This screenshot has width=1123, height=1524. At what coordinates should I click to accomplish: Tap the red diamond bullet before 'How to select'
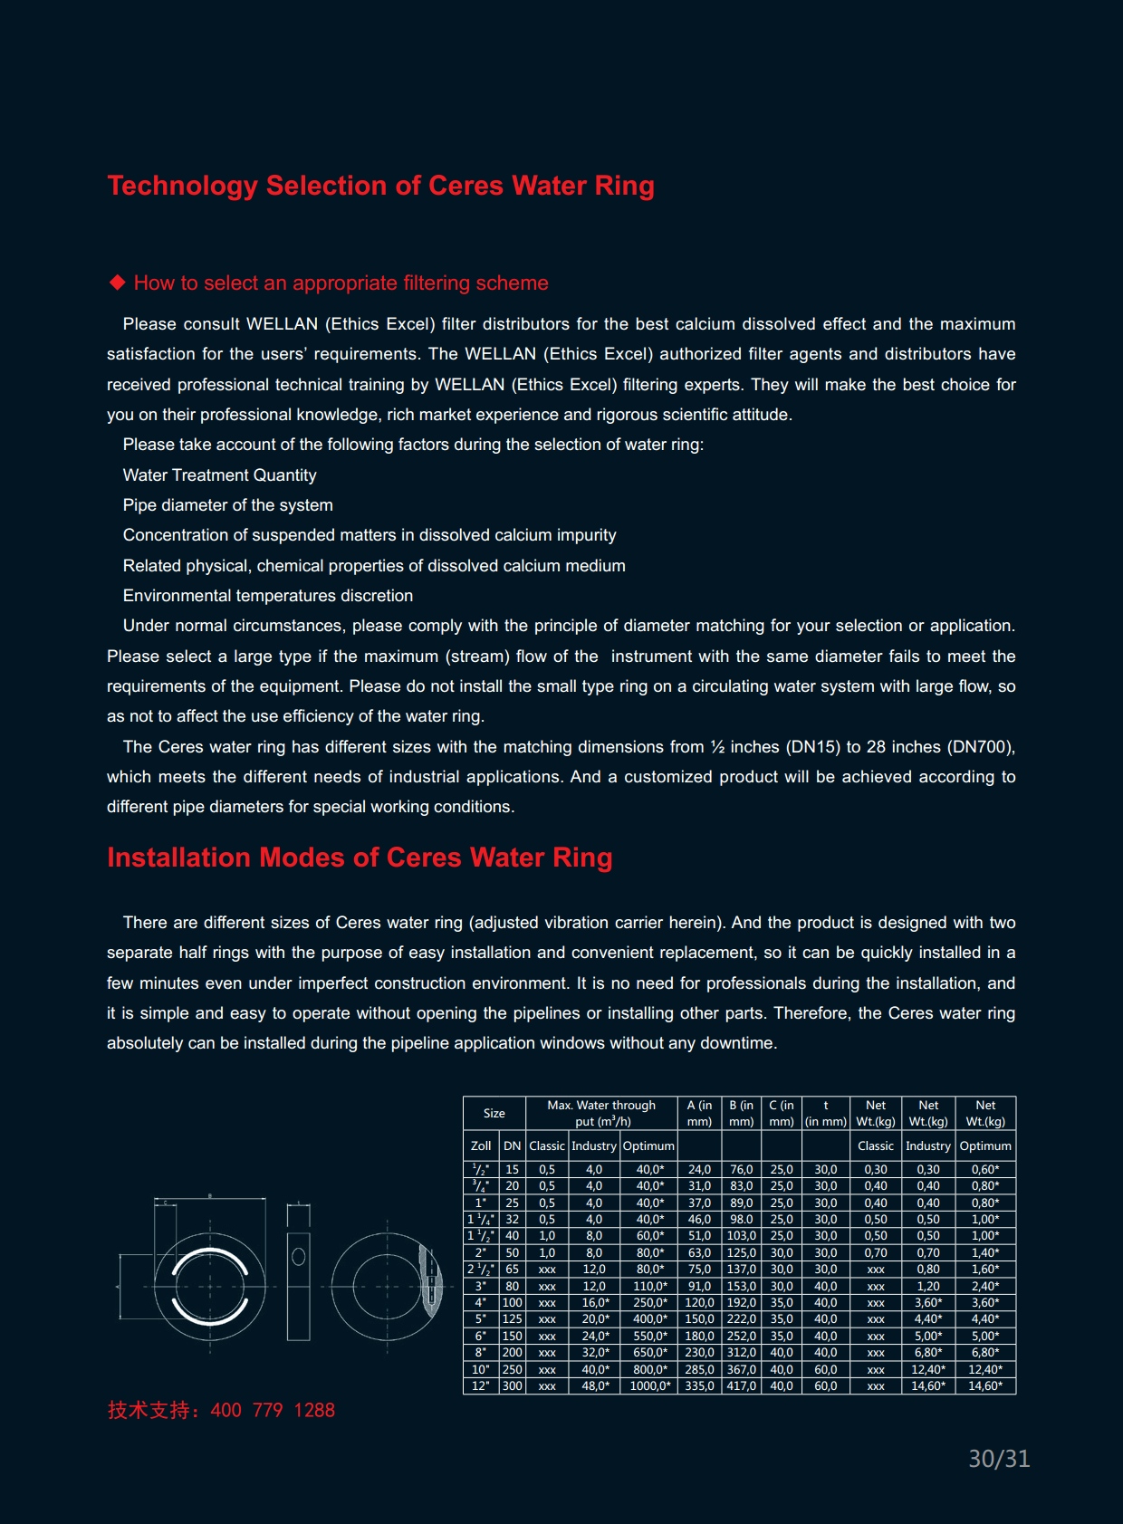point(117,283)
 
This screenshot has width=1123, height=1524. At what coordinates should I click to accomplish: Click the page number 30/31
point(999,1459)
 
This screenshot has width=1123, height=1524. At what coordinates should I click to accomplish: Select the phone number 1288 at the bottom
point(314,1410)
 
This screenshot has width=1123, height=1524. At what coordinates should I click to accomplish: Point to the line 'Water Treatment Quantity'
point(220,475)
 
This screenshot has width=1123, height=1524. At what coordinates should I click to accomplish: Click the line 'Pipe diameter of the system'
point(228,505)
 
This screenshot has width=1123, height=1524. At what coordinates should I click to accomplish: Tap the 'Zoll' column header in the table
point(481,1146)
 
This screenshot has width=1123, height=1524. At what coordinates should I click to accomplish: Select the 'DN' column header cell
point(513,1146)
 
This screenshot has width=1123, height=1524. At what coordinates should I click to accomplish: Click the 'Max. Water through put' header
point(602,1113)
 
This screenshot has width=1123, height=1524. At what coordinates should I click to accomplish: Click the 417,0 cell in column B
point(741,1386)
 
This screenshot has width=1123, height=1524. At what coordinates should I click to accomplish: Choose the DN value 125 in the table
point(513,1319)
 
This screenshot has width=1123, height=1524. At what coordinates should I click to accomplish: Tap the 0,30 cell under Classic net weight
point(876,1170)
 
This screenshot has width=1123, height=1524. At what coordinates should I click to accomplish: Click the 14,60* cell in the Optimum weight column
point(985,1386)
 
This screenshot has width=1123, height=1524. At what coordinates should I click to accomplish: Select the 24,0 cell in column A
point(699,1170)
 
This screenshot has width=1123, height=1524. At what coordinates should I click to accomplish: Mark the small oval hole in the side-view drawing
point(299,1257)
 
